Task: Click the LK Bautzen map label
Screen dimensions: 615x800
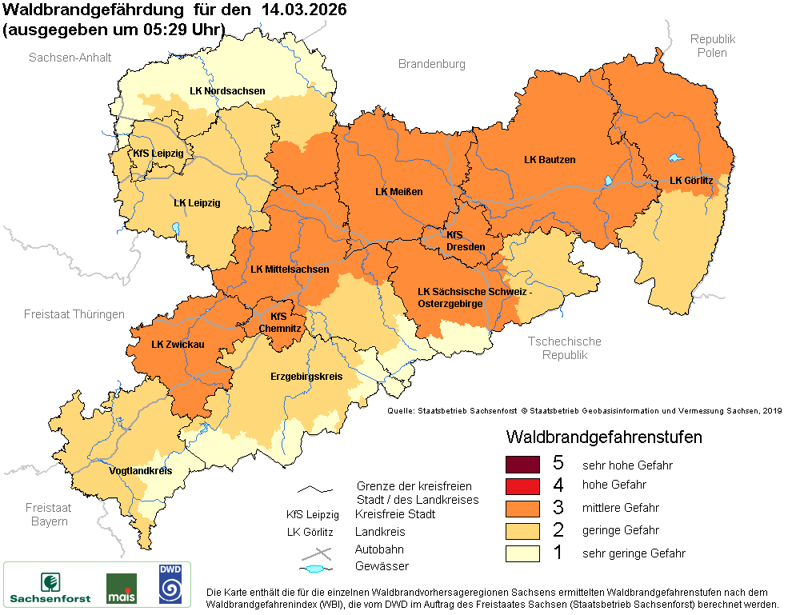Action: tap(550, 160)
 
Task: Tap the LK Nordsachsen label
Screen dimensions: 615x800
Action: tap(227, 91)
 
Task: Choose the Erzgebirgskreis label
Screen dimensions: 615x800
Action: tap(306, 375)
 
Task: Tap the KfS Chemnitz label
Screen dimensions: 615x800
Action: tap(286, 321)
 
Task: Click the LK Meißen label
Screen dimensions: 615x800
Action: tap(398, 192)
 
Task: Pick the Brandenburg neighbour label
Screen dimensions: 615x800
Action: tap(432, 64)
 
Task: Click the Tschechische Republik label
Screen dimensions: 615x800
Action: tap(564, 348)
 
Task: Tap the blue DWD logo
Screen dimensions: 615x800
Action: tap(170, 584)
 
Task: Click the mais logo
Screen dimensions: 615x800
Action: tap(122, 588)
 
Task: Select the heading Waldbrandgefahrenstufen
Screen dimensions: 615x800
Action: tap(604, 437)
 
